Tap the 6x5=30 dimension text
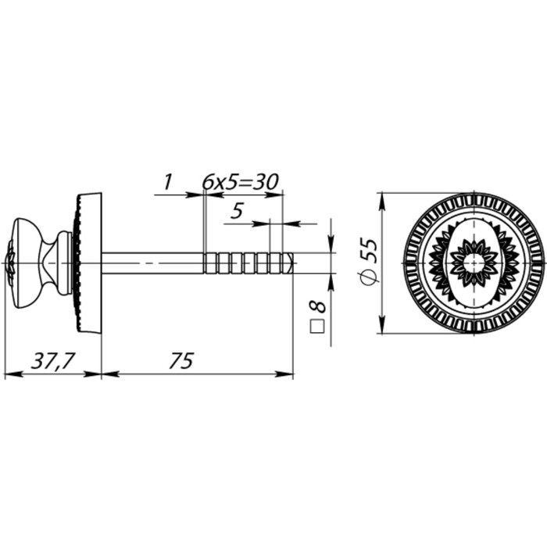pos(241,182)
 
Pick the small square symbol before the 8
pos(317,327)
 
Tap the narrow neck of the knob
pos(52,262)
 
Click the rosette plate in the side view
pos(88,262)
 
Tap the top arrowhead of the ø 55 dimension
pos(382,197)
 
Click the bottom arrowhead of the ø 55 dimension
pos(382,328)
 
